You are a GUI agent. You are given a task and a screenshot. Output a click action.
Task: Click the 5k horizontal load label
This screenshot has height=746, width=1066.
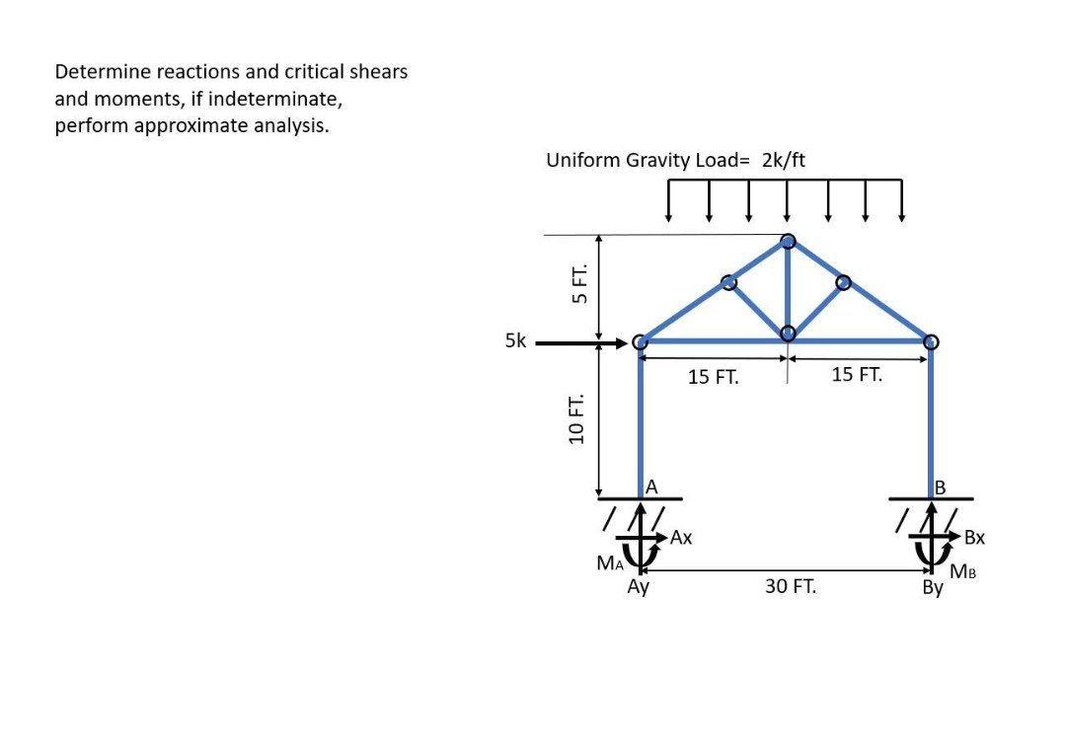[515, 340]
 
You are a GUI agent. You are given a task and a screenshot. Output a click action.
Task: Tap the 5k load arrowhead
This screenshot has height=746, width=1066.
[621, 343]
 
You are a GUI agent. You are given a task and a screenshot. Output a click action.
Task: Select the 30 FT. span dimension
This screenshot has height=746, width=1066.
[791, 586]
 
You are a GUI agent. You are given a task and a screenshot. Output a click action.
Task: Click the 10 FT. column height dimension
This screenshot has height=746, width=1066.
[576, 419]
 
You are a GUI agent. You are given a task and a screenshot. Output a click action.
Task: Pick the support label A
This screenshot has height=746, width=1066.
[651, 487]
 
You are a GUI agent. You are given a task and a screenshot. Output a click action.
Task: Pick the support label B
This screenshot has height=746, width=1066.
[941, 487]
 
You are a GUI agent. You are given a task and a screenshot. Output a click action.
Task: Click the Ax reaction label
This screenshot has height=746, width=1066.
[680, 538]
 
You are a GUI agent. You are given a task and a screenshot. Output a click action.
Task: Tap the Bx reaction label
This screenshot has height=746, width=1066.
[974, 538]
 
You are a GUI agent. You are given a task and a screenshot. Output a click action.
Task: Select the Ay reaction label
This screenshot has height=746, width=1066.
[639, 586]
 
